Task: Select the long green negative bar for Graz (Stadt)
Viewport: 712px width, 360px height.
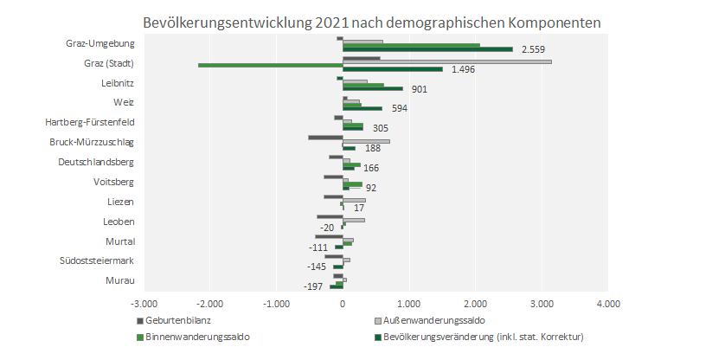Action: tap(270, 65)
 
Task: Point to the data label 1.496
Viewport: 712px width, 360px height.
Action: tap(463, 69)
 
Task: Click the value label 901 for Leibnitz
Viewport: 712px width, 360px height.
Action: tap(419, 88)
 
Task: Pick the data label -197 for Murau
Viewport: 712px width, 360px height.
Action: tap(314, 286)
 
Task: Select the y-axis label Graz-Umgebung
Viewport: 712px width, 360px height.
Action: tap(99, 44)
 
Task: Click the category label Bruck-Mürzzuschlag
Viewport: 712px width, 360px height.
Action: tap(96, 142)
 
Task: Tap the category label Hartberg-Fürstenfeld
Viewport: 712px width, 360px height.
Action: tap(94, 122)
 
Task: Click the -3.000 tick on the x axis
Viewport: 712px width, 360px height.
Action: tap(144, 305)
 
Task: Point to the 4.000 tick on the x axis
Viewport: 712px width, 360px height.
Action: tap(608, 305)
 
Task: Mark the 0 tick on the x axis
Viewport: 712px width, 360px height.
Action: tap(343, 305)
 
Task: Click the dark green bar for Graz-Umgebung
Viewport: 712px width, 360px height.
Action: tap(427, 49)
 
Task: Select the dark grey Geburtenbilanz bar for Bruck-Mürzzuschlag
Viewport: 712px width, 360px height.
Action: tap(325, 137)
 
